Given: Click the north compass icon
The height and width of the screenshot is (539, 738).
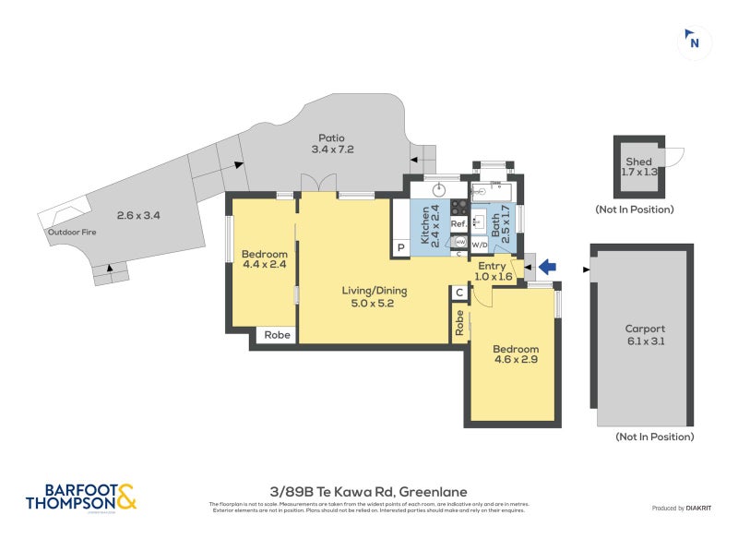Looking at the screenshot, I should coord(695,41).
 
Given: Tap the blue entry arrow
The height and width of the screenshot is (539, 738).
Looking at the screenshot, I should coord(547,268).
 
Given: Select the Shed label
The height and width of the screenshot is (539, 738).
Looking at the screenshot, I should coord(637,162).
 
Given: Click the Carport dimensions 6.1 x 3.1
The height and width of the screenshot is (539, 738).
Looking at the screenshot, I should coord(645,341).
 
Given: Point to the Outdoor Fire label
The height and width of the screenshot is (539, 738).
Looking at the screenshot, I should coord(72,233).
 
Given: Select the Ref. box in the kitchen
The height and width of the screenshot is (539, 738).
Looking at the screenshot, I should coord(458,224).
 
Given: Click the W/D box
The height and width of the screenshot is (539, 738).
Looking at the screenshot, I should coord(480,246).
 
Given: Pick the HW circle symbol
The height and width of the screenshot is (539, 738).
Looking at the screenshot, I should coord(459,242).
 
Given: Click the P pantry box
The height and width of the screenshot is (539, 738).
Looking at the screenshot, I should coord(401,247).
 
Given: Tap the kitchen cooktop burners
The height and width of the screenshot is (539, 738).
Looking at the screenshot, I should coord(458,208).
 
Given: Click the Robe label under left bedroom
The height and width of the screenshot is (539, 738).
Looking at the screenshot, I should coord(278,335).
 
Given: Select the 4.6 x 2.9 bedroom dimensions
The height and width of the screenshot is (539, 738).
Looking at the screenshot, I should coord(514,362).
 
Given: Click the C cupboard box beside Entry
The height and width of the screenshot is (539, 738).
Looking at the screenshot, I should coord(459,293).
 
